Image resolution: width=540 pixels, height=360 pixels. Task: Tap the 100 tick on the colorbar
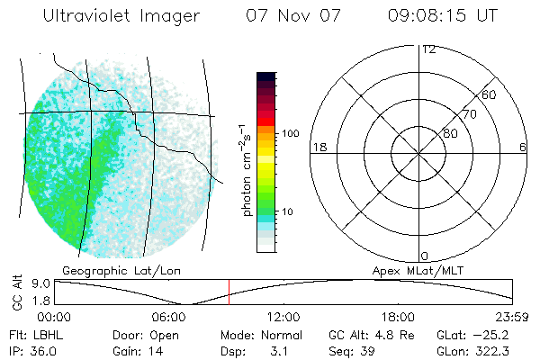(x=290, y=133)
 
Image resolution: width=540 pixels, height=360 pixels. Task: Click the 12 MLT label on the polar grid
(x=428, y=49)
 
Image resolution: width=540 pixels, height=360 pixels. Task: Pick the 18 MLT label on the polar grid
(x=318, y=147)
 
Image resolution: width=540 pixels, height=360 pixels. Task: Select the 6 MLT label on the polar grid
(x=522, y=147)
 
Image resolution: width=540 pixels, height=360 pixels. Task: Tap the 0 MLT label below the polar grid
(x=424, y=256)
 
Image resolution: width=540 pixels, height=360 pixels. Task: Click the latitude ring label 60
(x=489, y=94)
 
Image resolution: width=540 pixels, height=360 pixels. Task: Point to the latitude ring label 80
(x=450, y=133)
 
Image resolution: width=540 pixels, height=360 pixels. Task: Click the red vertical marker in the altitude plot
(x=229, y=292)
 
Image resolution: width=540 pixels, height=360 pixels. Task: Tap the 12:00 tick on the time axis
(x=283, y=317)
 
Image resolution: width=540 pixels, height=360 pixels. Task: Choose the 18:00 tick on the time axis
(x=398, y=317)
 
